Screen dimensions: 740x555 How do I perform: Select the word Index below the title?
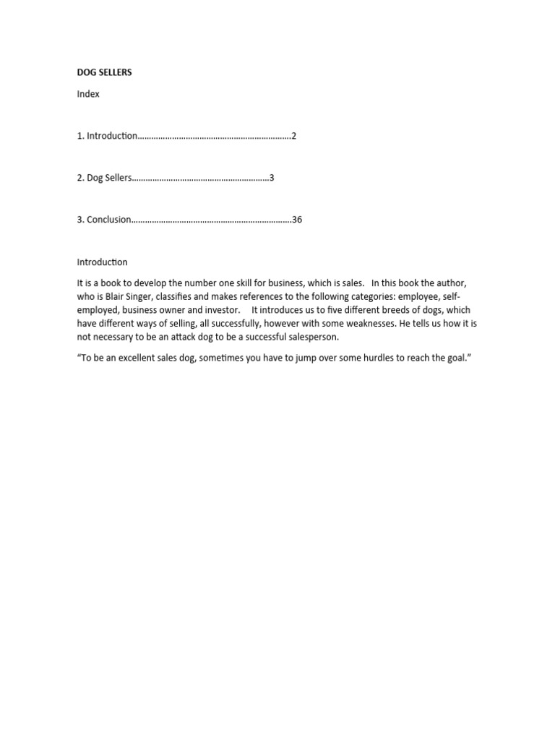(x=88, y=94)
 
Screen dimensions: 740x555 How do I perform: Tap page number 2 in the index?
(x=293, y=136)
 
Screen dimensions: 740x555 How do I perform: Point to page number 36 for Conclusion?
(x=297, y=220)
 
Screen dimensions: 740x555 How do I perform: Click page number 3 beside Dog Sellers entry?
(x=272, y=178)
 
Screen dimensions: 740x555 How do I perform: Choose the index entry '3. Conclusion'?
(x=104, y=220)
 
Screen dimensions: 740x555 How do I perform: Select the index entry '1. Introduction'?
(x=106, y=136)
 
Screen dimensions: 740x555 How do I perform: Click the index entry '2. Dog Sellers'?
(x=104, y=178)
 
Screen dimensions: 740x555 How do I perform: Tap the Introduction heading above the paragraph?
(x=102, y=262)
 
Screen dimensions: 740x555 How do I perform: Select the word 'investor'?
(x=221, y=310)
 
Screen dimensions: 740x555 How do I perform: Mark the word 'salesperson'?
(x=313, y=337)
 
